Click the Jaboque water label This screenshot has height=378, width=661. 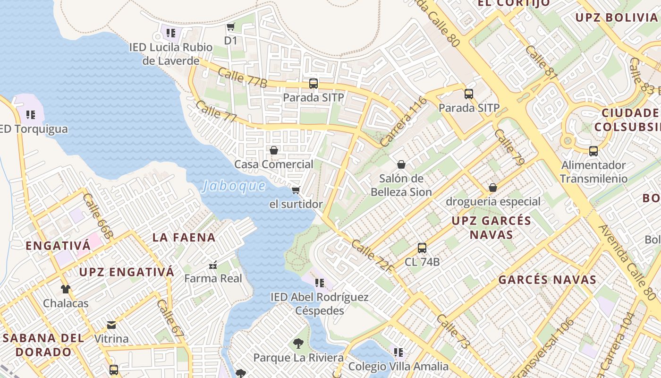tap(234, 186)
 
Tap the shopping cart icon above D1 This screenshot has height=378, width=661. tap(230, 27)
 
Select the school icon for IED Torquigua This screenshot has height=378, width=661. tap(31, 114)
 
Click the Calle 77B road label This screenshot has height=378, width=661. tap(243, 77)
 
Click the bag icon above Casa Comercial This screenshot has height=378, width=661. tap(273, 150)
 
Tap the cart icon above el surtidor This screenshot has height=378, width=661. tap(296, 190)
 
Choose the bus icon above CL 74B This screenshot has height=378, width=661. tap(422, 248)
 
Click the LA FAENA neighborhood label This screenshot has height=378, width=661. tap(184, 237)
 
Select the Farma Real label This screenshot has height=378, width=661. tap(213, 278)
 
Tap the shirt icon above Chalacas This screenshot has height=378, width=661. tap(65, 289)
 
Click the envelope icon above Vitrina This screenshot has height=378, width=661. tap(111, 325)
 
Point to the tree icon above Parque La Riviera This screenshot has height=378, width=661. tap(298, 343)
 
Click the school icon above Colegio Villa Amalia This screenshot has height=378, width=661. tap(398, 352)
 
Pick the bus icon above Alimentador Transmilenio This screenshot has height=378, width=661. tap(593, 151)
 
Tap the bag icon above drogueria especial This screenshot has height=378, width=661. tap(492, 188)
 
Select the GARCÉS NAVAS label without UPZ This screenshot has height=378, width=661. tap(547, 280)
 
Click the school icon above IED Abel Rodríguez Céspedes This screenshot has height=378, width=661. tap(319, 283)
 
